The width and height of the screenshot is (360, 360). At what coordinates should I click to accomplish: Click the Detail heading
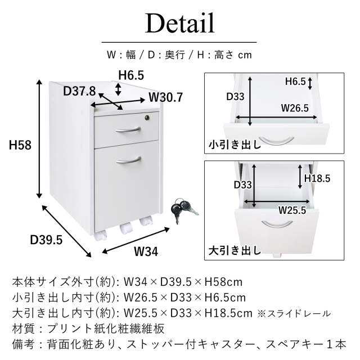180,24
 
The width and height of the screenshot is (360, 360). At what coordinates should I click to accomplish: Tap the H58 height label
20,145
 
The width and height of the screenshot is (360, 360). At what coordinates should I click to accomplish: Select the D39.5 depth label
46,240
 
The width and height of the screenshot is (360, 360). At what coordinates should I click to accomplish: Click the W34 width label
146,251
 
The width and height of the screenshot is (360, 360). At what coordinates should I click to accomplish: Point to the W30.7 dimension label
166,97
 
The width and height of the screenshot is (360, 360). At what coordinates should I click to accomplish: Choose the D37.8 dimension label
79,91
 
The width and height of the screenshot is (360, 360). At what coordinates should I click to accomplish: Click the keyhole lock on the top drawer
147,118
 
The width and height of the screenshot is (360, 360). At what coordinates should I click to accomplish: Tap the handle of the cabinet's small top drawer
128,130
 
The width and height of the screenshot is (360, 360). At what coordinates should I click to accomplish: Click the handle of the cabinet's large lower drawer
128,160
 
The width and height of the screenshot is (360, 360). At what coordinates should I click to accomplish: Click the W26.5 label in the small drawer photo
295,107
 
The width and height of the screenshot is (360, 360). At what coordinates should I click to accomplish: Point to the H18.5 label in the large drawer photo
317,178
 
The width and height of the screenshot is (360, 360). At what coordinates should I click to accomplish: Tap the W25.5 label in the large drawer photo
292,210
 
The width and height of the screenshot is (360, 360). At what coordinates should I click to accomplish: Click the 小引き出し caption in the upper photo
235,145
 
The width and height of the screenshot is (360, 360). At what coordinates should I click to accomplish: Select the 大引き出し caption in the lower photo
235,250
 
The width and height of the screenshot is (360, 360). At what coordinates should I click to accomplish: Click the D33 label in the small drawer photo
235,96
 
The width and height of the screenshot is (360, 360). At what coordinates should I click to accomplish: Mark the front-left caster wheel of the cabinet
100,236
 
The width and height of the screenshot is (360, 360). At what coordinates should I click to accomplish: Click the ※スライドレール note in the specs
294,313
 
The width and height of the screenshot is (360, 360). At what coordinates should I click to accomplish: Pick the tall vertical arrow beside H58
39,139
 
